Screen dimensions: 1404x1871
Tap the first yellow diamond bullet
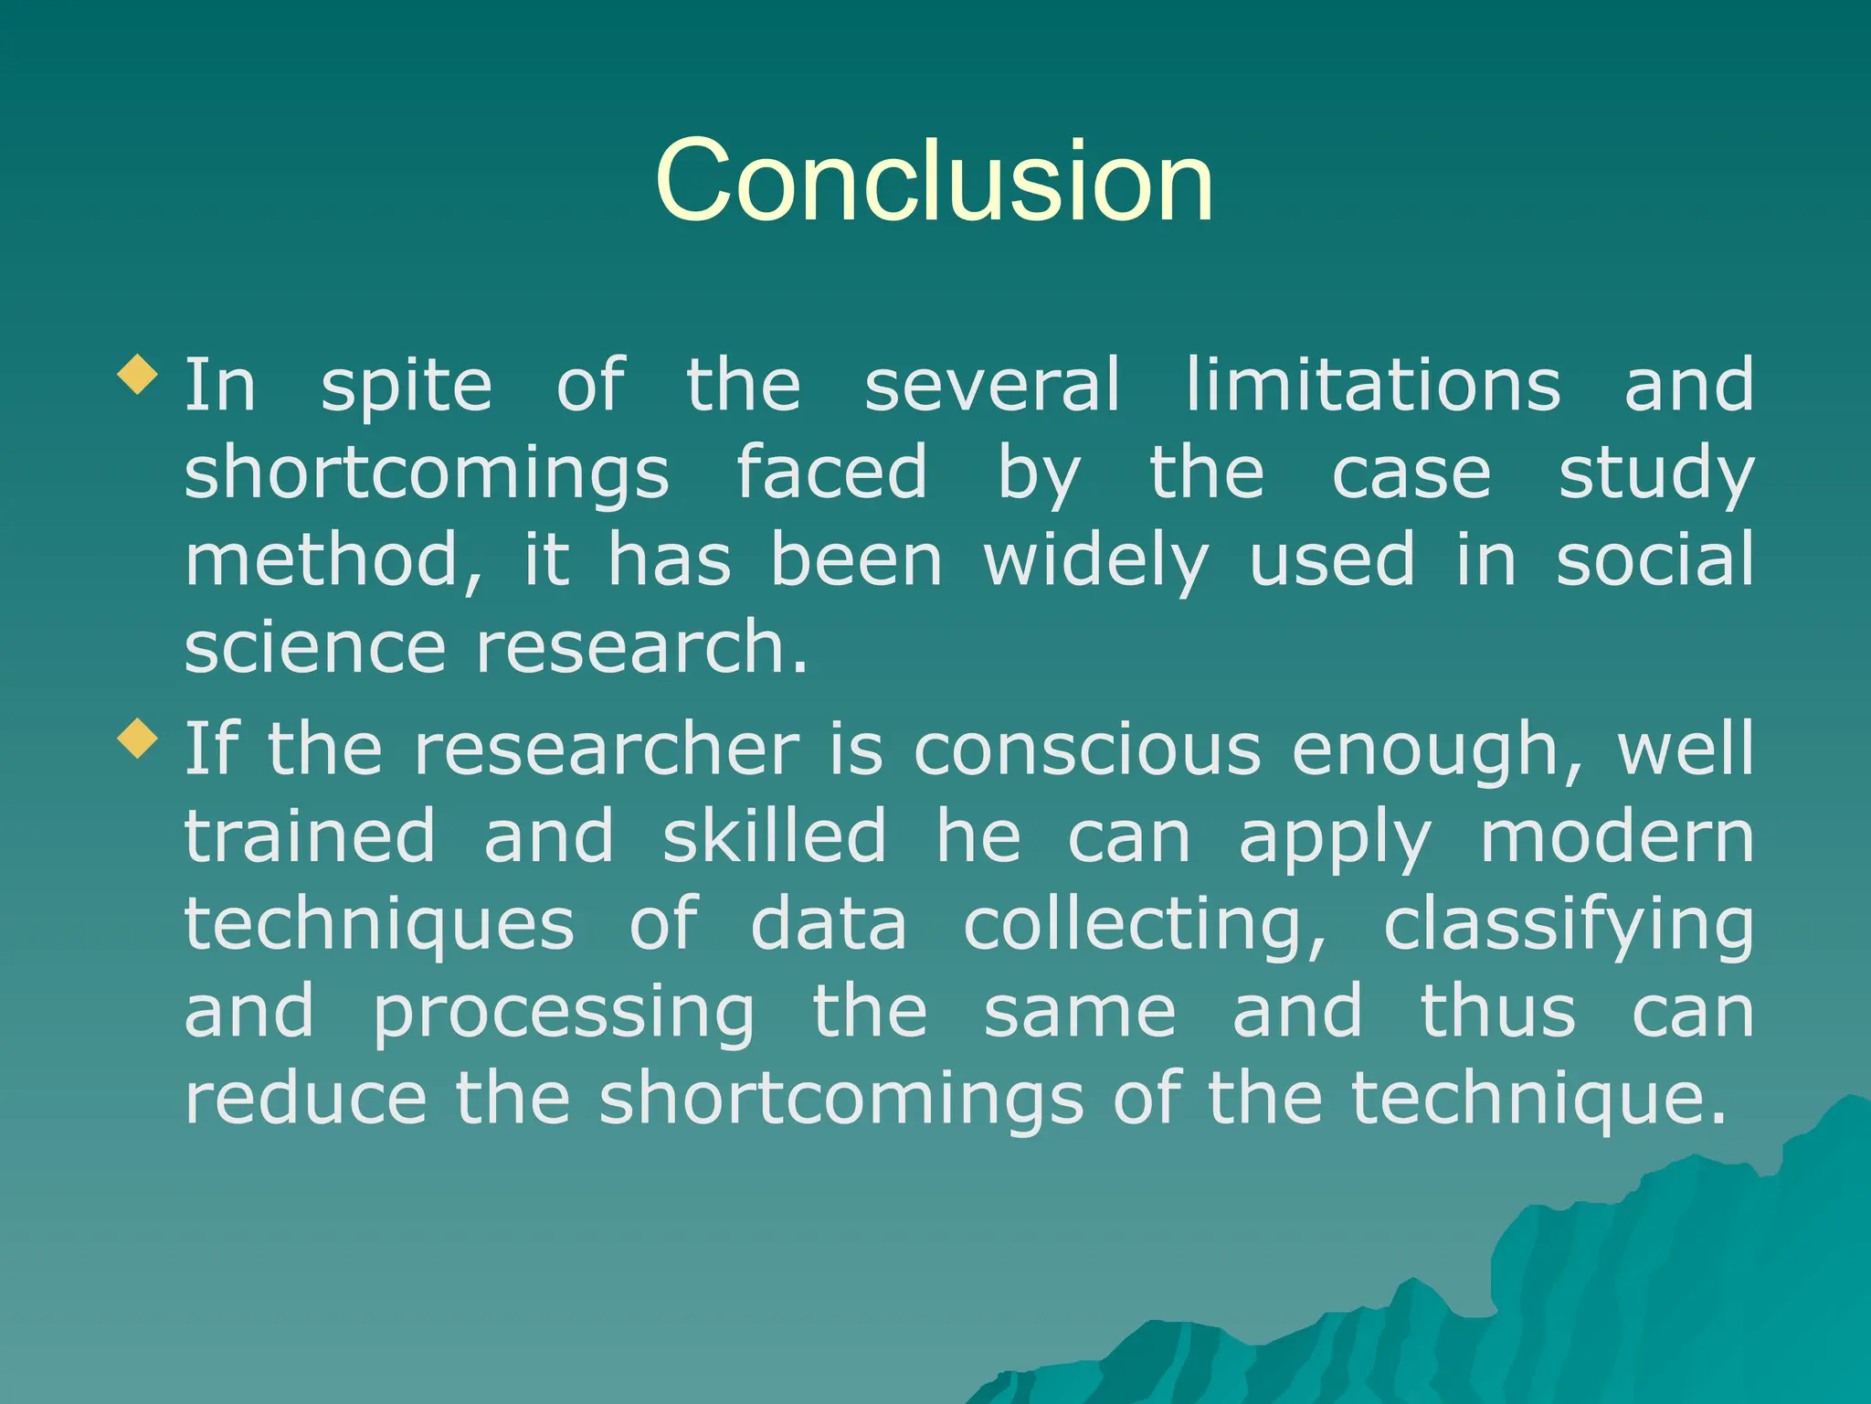[138, 375]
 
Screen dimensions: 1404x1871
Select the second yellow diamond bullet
[138, 739]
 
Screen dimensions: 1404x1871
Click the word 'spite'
[406, 387]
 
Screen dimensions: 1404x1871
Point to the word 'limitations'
[1373, 385]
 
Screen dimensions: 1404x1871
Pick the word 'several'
[992, 385]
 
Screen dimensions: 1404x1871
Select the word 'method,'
[333, 560]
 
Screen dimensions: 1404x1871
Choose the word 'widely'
[1095, 560]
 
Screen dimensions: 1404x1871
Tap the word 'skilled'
[774, 836]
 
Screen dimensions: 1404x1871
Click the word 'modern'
[1616, 836]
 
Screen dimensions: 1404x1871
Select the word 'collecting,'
[1146, 925]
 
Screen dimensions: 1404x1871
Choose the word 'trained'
[310, 836]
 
